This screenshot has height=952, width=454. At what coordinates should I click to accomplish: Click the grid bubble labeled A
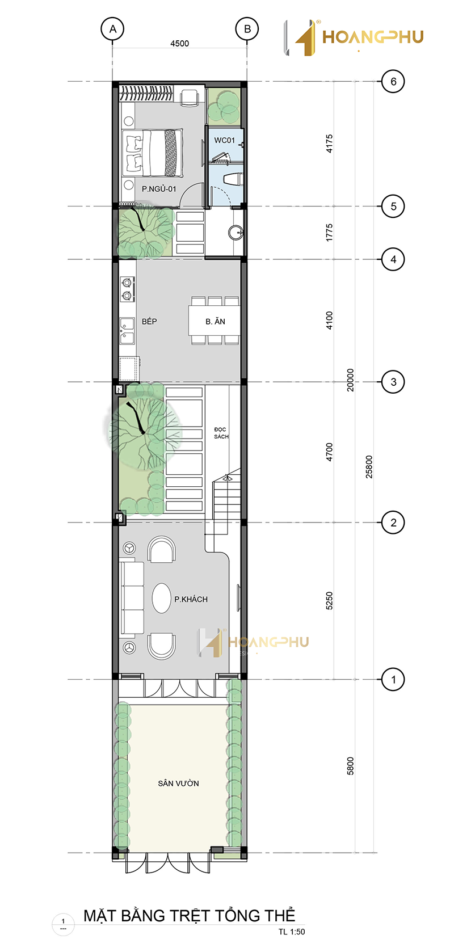tap(113, 29)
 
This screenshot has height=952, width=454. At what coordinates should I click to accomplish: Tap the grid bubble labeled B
tap(247, 29)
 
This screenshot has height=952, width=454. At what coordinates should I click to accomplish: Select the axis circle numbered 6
tap(393, 81)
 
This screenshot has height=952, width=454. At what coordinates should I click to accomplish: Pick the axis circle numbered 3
tap(393, 382)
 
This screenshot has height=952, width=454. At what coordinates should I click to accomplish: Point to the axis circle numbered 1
tap(393, 679)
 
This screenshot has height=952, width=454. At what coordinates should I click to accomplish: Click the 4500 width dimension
tap(179, 43)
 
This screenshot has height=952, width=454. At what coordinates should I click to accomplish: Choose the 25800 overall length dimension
tap(369, 467)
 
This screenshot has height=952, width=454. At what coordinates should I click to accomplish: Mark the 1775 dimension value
tap(330, 233)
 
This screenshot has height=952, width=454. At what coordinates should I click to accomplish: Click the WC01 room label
tap(225, 140)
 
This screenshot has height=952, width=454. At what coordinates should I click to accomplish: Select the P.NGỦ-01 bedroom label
tap(159, 189)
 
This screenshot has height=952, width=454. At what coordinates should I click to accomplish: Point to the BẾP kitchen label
tap(149, 321)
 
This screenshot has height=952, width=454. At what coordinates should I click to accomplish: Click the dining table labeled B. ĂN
tap(215, 321)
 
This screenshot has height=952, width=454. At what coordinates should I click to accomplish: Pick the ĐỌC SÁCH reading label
tap(221, 433)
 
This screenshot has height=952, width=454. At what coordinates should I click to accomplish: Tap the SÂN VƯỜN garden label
tap(179, 783)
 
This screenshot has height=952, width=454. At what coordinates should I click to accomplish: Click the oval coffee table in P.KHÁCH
tap(162, 598)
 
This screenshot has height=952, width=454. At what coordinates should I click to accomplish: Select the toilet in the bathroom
tap(233, 179)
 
